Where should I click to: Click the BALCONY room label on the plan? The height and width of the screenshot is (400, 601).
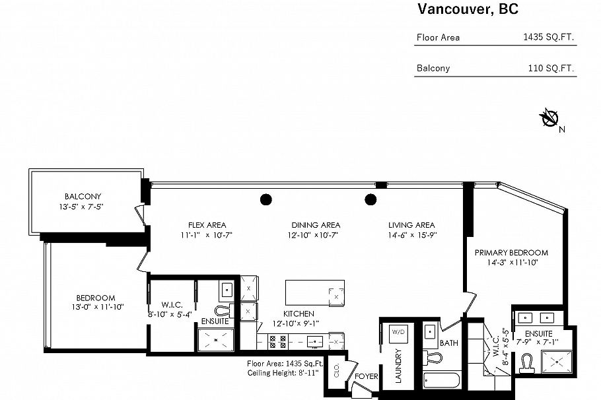83,197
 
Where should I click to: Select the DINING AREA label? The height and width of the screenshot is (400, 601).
314,225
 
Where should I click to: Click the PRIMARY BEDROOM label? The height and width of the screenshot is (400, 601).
511,253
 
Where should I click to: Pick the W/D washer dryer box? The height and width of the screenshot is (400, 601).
398,331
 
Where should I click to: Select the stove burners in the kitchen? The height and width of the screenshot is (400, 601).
277,341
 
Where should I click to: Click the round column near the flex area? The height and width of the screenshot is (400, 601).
265,199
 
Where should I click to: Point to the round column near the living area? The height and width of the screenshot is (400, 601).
371,199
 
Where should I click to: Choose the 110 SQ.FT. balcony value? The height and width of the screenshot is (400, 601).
551,68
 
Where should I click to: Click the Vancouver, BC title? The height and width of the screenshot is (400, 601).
467,9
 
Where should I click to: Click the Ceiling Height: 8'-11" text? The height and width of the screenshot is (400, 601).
283,373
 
